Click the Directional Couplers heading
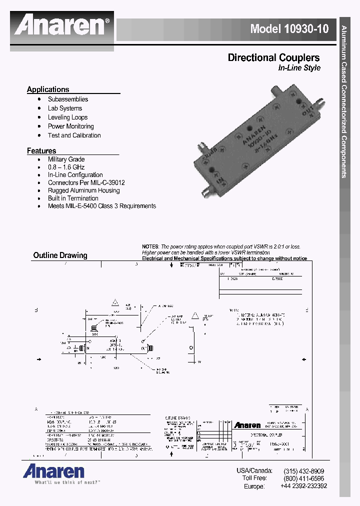[x=273, y=57]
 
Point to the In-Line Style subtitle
[x=299, y=68]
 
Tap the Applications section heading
[x=48, y=89]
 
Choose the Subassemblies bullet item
[x=68, y=99]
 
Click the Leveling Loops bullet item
[x=67, y=117]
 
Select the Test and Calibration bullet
[x=74, y=135]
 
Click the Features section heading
[x=41, y=150]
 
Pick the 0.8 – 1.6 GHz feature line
[x=66, y=167]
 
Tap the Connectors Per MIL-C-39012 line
[x=86, y=182]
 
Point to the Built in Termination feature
[x=73, y=198]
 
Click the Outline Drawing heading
[x=60, y=255]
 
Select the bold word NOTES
[x=150, y=247]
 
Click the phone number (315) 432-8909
[x=303, y=471]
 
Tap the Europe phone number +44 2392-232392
[x=303, y=486]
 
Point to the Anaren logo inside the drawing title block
[x=247, y=425]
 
